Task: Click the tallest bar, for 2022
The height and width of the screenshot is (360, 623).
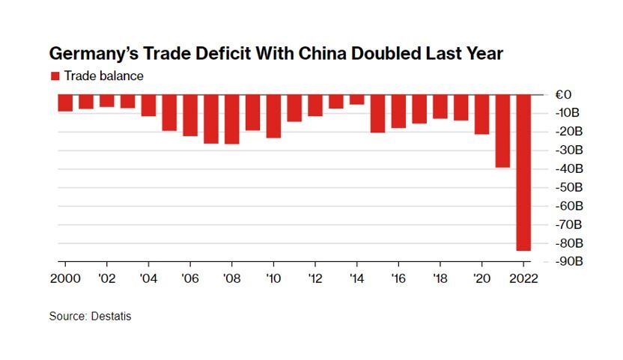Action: pos(523,172)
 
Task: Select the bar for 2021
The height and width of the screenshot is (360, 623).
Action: pos(502,130)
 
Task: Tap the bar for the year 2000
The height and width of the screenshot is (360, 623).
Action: pos(65,103)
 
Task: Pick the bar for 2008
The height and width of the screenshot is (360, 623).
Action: pos(232,118)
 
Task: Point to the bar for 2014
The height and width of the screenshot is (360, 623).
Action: pos(357,99)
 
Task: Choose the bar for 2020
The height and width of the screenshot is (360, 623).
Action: pos(481,114)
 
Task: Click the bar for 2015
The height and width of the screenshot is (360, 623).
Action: pos(377,113)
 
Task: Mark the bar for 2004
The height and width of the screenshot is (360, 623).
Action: pos(148,105)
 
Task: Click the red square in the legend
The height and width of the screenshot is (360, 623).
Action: pos(54,76)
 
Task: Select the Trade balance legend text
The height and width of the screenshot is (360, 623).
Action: pos(103,76)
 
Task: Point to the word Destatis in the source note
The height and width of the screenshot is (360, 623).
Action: pos(112,317)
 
